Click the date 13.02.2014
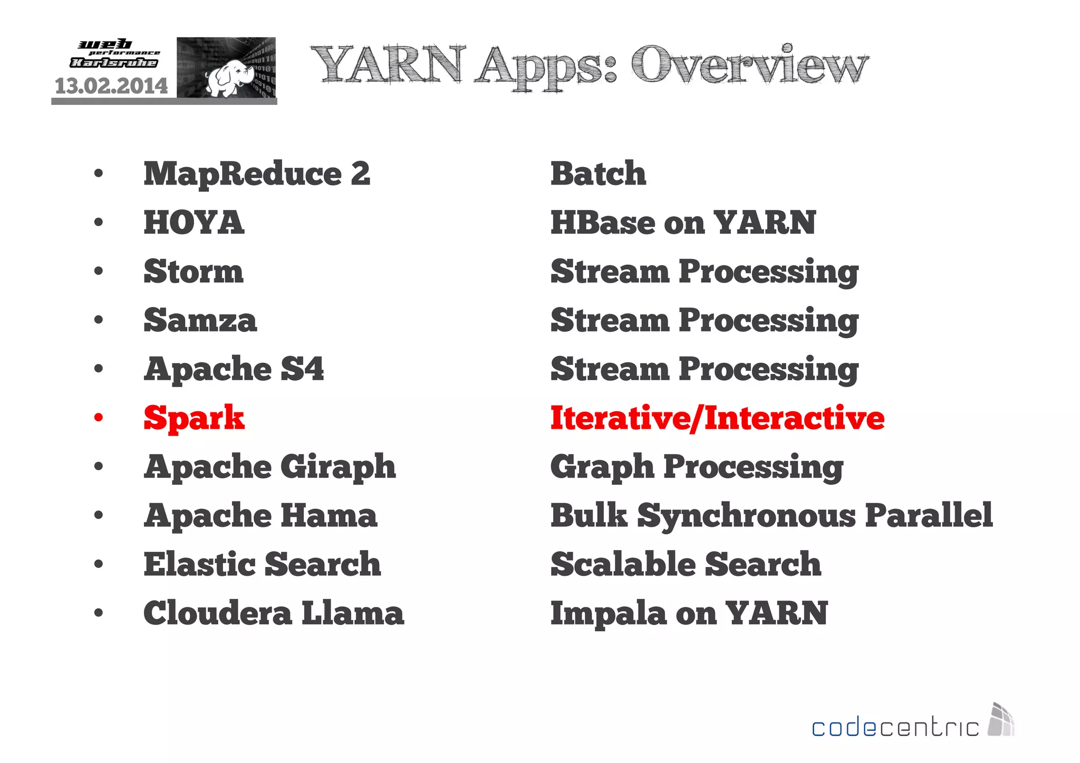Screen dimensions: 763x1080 [x=111, y=86]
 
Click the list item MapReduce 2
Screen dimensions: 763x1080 [x=257, y=174]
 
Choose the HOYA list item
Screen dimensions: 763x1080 [x=194, y=223]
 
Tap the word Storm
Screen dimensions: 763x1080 [x=194, y=272]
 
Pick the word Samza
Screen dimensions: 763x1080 [x=200, y=320]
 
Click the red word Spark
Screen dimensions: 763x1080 [x=194, y=418]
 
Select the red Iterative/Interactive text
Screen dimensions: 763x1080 [x=717, y=418]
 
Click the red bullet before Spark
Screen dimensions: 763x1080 [x=99, y=418]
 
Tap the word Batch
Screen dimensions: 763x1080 [x=598, y=173]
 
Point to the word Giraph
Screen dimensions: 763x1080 [x=338, y=467]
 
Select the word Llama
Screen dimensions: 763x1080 [x=352, y=613]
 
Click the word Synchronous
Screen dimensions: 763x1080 [x=746, y=515]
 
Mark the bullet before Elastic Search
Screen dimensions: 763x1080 [x=99, y=564]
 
